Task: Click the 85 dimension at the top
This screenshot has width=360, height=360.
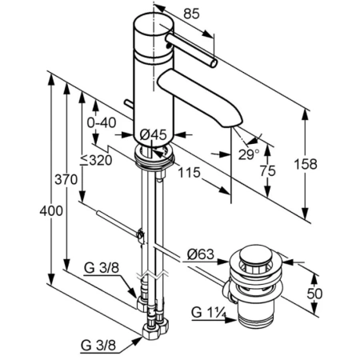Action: click(191, 14)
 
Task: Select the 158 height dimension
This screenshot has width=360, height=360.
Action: click(306, 164)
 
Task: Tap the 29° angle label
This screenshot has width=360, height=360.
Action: click(249, 154)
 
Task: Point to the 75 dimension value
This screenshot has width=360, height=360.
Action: click(268, 170)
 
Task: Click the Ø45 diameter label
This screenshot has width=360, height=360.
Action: click(153, 134)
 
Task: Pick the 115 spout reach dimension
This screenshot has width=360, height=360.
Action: click(189, 173)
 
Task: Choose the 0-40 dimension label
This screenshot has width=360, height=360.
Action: click(102, 123)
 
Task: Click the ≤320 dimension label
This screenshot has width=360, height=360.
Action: click(96, 160)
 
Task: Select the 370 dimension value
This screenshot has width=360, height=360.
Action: click(66, 179)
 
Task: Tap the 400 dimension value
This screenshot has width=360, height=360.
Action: click(51, 211)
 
